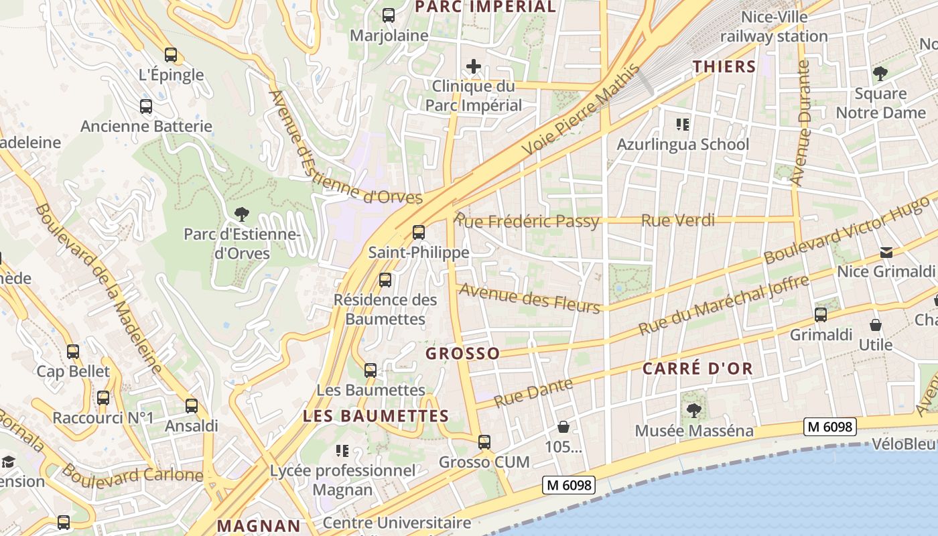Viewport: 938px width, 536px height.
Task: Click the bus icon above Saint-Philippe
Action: pyautogui.click(x=419, y=232)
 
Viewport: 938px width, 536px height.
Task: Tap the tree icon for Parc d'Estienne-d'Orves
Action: pyautogui.click(x=241, y=214)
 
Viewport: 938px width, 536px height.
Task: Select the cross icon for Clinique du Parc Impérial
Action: pyautogui.click(x=474, y=66)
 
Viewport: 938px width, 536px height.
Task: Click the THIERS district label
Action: pyautogui.click(x=724, y=66)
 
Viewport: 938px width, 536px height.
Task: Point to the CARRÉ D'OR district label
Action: pyautogui.click(x=697, y=368)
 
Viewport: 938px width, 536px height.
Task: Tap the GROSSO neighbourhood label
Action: pyautogui.click(x=463, y=353)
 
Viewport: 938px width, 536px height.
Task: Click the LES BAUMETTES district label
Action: pyautogui.click(x=376, y=415)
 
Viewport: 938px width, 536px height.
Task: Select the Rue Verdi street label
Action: pyautogui.click(x=678, y=220)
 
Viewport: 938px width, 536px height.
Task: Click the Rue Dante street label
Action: pyautogui.click(x=534, y=392)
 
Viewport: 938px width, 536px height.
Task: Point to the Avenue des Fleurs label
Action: pyautogui.click(x=529, y=298)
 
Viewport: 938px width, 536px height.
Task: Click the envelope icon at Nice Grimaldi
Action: pyautogui.click(x=886, y=252)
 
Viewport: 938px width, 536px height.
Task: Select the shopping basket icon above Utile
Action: pyautogui.click(x=875, y=326)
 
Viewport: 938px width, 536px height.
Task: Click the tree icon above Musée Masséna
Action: pyautogui.click(x=694, y=410)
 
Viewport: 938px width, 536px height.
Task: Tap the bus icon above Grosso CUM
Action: pyautogui.click(x=484, y=442)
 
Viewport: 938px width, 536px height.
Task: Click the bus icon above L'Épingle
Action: pyautogui.click(x=171, y=55)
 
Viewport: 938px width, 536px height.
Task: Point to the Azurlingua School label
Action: pyautogui.click(x=683, y=144)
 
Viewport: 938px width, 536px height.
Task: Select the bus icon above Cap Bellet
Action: pyautogui.click(x=73, y=351)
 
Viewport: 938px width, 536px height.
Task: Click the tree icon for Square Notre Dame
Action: pyautogui.click(x=880, y=74)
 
